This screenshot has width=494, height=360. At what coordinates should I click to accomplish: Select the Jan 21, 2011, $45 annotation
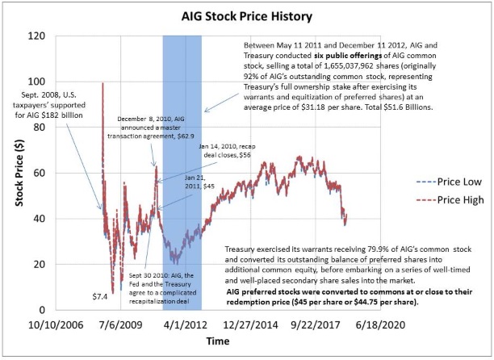196,182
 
